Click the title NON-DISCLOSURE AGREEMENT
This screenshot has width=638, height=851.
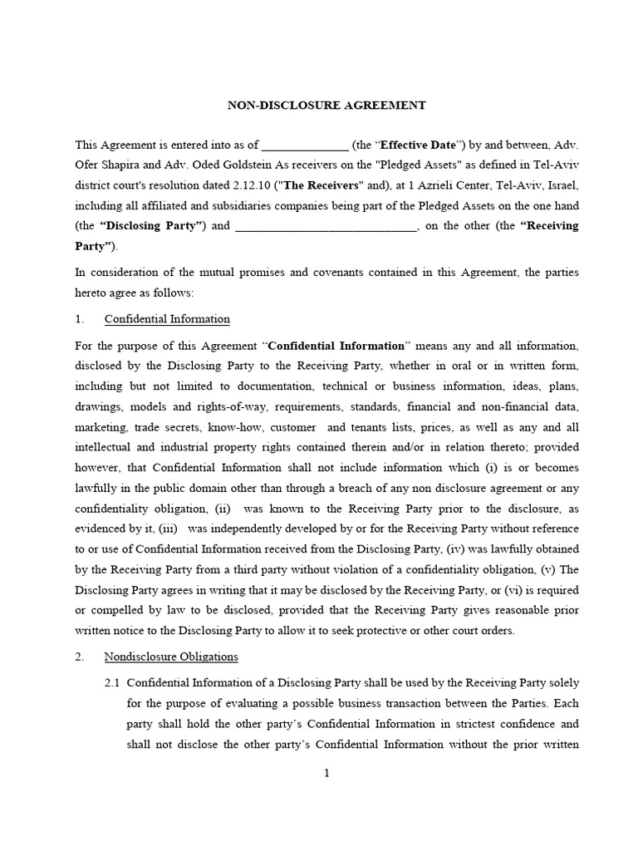click(x=326, y=106)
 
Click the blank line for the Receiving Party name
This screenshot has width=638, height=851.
click(x=326, y=226)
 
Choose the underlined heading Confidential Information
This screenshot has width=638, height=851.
click(x=167, y=319)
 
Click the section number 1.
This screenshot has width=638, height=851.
click(x=79, y=319)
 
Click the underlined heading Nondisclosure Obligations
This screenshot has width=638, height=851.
click(x=171, y=657)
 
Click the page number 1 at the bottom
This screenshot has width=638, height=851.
click(x=326, y=774)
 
